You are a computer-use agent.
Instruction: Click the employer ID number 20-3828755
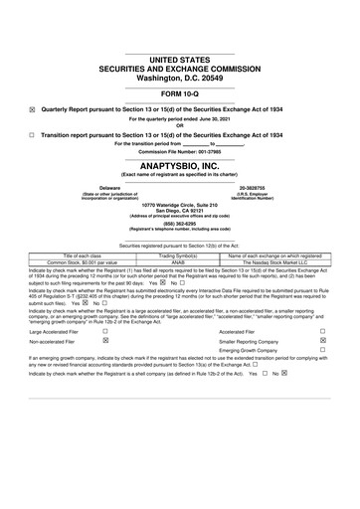(259, 187)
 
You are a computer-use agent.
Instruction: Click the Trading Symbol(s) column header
(180, 255)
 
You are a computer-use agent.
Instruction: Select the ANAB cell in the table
(180, 262)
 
